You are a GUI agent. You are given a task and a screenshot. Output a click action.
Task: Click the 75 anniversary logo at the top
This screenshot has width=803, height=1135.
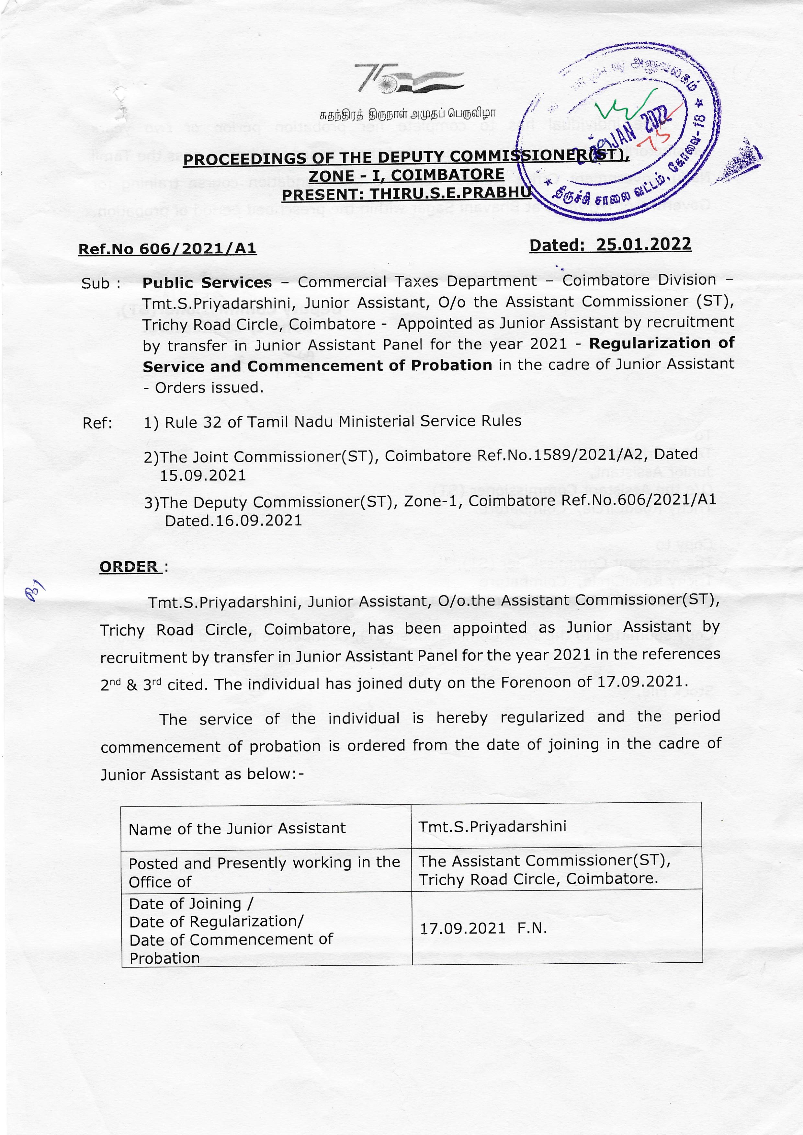(408, 78)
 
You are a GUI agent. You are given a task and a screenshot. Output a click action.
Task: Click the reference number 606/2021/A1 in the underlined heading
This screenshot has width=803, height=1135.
(198, 248)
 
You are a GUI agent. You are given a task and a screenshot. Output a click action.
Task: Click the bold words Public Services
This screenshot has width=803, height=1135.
(207, 282)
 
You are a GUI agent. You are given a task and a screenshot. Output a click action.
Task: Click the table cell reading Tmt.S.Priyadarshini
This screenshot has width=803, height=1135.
(492, 826)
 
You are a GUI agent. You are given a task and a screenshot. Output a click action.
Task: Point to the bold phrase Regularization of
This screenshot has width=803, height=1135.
(661, 343)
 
